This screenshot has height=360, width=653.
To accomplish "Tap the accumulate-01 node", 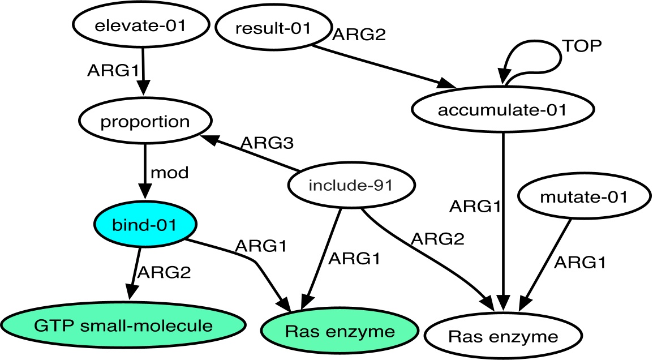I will pos(502,110).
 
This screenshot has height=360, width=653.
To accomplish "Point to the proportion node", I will pos(145,122).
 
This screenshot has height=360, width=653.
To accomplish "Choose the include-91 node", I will pos(351,186).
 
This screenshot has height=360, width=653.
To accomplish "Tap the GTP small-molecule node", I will pos(123,326).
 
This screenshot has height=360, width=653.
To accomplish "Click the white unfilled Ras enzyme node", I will pos(502,337).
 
